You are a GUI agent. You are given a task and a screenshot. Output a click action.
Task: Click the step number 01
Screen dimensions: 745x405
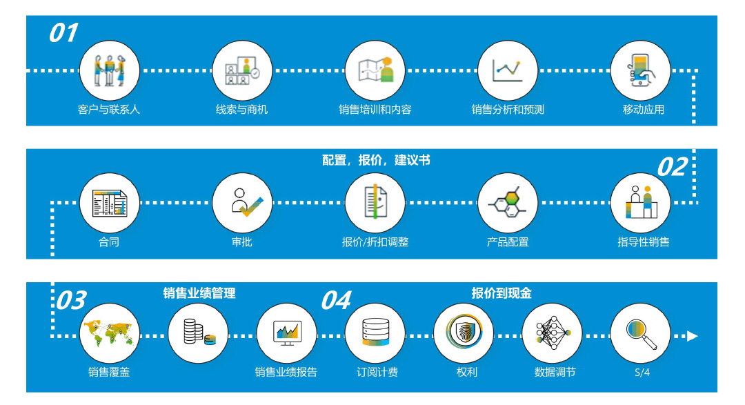(x=63, y=33)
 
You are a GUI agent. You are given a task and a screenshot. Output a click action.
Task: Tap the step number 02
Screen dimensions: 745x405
(x=673, y=167)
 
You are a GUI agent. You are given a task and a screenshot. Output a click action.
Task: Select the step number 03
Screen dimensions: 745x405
(x=72, y=300)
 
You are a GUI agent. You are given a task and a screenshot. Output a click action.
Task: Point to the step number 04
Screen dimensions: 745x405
(x=337, y=300)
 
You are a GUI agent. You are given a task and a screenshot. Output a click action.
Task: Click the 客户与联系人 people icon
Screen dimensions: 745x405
(x=109, y=70)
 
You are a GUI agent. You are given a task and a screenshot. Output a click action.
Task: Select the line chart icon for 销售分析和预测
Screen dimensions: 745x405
(x=508, y=70)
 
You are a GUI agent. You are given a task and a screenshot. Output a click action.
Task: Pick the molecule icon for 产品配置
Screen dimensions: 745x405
(x=508, y=203)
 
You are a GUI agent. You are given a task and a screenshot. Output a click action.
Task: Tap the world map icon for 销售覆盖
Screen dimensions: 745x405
(x=109, y=333)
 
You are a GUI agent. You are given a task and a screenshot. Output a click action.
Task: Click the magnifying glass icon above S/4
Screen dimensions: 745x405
(x=640, y=333)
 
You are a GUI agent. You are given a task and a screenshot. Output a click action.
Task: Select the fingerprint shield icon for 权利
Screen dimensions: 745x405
(x=464, y=333)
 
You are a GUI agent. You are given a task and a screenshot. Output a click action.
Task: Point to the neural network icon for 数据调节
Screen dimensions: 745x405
(x=552, y=333)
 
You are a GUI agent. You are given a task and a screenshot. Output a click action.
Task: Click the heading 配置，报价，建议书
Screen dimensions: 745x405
(x=376, y=160)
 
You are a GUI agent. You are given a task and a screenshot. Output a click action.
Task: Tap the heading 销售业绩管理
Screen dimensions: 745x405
(x=199, y=293)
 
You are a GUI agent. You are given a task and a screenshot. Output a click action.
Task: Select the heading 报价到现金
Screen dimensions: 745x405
(x=501, y=293)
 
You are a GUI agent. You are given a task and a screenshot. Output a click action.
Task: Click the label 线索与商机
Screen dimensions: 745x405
(x=242, y=109)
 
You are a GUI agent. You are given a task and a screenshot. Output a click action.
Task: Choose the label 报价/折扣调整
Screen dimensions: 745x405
(x=375, y=242)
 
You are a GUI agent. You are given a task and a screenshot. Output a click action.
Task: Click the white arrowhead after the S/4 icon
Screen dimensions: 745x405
(x=693, y=336)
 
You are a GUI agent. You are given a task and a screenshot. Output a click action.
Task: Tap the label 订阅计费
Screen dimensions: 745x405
(x=377, y=372)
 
